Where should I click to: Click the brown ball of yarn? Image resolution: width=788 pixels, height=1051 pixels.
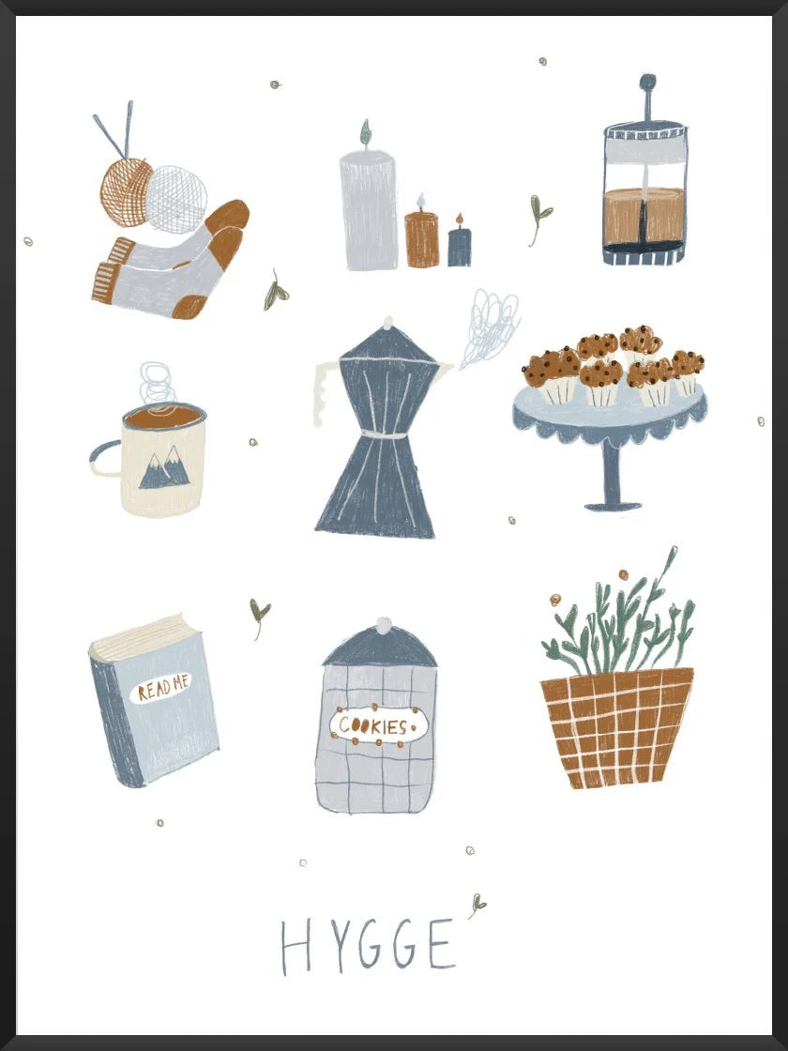[x=126, y=191]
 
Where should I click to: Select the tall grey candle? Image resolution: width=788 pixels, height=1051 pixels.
[x=369, y=210]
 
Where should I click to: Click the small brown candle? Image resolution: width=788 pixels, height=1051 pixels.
[x=421, y=239]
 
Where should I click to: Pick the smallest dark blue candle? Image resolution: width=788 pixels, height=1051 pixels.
[x=460, y=246]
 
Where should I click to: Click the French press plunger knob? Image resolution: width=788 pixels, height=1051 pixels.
[x=645, y=84]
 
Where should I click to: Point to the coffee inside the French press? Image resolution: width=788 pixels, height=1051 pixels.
[x=644, y=215]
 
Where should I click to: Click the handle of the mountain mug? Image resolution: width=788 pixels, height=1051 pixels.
[x=104, y=459]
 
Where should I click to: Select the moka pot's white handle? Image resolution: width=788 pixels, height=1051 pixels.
[x=324, y=394]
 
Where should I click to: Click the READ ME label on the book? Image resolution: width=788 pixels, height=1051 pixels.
[x=161, y=690]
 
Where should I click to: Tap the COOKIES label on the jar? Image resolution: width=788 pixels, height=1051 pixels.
[x=376, y=725]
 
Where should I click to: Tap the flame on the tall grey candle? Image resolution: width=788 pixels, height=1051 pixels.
[x=365, y=132]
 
